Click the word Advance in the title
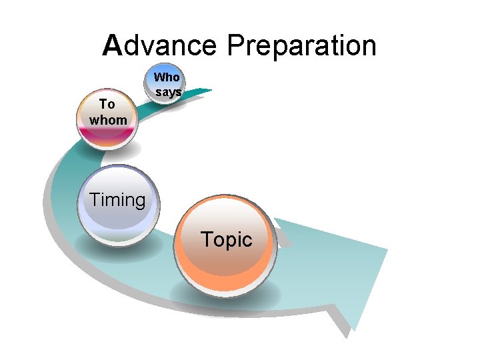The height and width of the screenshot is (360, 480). pyautogui.click(x=160, y=46)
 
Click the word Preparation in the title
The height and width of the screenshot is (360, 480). pyautogui.click(x=301, y=47)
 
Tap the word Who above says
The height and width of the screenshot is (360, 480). pyautogui.click(x=167, y=78)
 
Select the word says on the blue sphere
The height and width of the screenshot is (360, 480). pyautogui.click(x=168, y=92)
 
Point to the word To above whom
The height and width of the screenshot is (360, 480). pyautogui.click(x=107, y=104)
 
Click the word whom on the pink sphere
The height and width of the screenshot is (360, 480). pyautogui.click(x=107, y=120)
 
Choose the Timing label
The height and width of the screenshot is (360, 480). pyautogui.click(x=117, y=199)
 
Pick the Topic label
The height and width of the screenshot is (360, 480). pyautogui.click(x=227, y=239)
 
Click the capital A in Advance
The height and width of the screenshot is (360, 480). pyautogui.click(x=113, y=46)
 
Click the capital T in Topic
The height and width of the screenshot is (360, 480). pyautogui.click(x=207, y=239)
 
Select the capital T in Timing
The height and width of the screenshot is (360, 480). pyautogui.click(x=95, y=199)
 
